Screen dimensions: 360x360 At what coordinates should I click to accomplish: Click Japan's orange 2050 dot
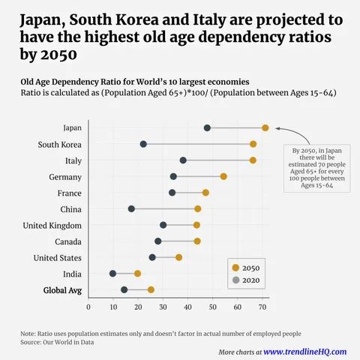[x=265, y=128]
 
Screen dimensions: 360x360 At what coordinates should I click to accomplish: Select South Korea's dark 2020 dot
[x=143, y=144]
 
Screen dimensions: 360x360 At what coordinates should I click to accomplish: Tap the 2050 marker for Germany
[x=223, y=176]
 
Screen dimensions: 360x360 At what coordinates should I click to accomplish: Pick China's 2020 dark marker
[x=131, y=208]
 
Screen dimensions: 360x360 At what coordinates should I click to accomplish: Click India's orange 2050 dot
[x=137, y=274]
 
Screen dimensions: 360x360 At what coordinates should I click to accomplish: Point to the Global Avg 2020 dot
[x=124, y=289]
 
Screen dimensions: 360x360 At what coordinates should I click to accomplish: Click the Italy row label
[x=69, y=160]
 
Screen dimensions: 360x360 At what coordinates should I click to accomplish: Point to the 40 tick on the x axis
[x=188, y=306]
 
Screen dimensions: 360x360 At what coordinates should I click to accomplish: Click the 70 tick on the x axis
[x=262, y=306]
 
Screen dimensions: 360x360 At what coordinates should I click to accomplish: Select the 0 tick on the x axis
[x=88, y=306]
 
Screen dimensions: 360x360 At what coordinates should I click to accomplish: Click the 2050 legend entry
[x=249, y=268]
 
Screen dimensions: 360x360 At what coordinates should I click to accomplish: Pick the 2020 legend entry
[x=249, y=280]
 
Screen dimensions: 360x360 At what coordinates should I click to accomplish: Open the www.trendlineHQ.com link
[x=304, y=351]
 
